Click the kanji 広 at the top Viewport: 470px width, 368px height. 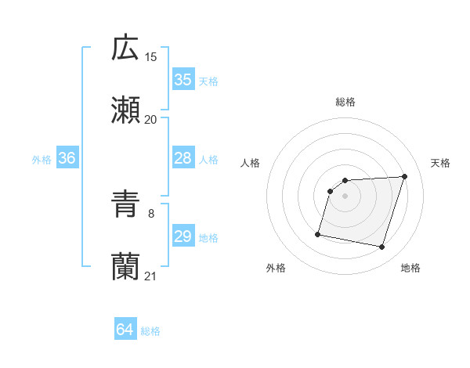(125, 48)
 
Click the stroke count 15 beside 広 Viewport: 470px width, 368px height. (151, 56)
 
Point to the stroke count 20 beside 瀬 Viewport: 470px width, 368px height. (151, 119)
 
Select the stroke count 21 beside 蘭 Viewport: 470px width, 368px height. (151, 276)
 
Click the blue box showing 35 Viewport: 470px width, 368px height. (183, 80)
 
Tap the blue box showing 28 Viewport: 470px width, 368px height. (183, 159)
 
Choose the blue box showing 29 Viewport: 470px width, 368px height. (183, 237)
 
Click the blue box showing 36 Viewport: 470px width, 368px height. (67, 159)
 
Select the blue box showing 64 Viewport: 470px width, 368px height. (125, 330)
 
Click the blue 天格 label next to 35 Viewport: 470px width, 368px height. (208, 81)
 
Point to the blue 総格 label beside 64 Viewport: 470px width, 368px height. (150, 332)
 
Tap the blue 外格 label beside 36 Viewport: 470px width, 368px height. (42, 160)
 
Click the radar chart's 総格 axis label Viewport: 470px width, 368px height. (345, 102)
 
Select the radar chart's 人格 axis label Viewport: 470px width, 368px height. (251, 163)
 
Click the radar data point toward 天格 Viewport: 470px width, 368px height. (405, 177)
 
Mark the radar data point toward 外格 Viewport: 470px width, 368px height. (318, 233)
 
